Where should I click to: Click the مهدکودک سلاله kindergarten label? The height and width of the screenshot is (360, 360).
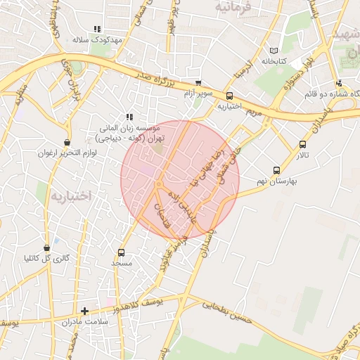tap(98, 40)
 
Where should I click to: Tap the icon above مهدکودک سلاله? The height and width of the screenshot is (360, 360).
tap(97, 29)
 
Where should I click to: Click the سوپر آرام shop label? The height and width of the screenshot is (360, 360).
tap(198, 93)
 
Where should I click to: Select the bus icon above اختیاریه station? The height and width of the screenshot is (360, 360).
tap(229, 96)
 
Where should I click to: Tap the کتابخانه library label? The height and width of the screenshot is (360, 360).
tap(274, 61)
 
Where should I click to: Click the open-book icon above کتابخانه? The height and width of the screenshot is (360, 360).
tap(274, 51)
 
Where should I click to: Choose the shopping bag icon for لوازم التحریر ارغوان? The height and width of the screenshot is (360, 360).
tap(67, 142)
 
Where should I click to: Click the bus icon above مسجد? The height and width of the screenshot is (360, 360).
tap(121, 252)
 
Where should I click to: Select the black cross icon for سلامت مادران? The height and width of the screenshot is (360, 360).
tap(85, 310)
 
